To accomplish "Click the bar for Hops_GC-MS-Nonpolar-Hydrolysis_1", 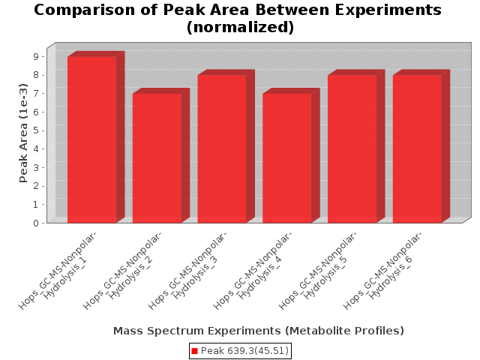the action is (91, 139).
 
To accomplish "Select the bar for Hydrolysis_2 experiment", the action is (157, 158).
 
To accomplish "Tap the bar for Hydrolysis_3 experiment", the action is (222, 148).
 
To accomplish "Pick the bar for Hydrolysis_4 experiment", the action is (287, 158).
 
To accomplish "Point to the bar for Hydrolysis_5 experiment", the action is (352, 148).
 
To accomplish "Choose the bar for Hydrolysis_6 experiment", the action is (417, 148).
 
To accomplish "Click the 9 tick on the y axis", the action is (36, 57).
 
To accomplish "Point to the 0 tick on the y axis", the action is (36, 223).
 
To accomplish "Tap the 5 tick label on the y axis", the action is (36, 130).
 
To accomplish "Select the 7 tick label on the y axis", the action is (36, 94).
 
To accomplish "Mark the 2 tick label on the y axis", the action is (36, 186).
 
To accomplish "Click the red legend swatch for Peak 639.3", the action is (195, 351).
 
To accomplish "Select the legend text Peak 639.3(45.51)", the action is (244, 351).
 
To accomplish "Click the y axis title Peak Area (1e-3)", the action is (23, 133).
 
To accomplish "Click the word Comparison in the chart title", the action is (85, 10).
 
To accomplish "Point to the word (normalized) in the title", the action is (240, 27).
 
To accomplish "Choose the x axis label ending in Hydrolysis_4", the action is (253, 270).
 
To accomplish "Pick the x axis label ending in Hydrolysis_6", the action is (382, 270).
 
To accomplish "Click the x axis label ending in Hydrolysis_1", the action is (58, 270).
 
